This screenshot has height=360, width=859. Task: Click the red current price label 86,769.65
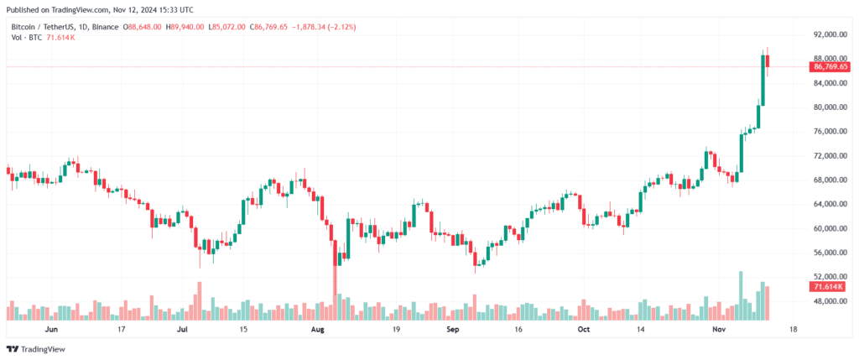tap(826, 66)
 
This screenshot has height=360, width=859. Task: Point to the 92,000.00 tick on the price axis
tap(825, 35)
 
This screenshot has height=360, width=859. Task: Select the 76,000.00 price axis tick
tap(825, 132)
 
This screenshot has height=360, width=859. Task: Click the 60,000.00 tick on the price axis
tap(825, 228)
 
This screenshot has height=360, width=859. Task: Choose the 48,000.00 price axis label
tap(825, 300)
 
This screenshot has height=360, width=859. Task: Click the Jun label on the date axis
tap(51, 330)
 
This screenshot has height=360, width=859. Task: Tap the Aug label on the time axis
tap(317, 330)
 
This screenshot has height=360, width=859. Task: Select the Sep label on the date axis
tap(452, 330)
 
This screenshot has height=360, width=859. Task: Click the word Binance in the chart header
tap(104, 28)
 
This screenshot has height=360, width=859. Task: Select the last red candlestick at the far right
tap(768, 62)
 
